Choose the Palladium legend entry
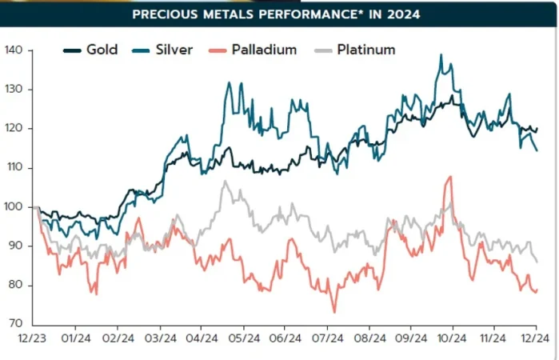(x=253, y=50)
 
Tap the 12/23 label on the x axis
(x=32, y=339)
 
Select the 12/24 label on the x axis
(x=536, y=339)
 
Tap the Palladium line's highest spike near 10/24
(x=451, y=177)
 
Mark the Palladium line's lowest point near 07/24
(x=335, y=312)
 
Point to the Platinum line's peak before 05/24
(x=226, y=182)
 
